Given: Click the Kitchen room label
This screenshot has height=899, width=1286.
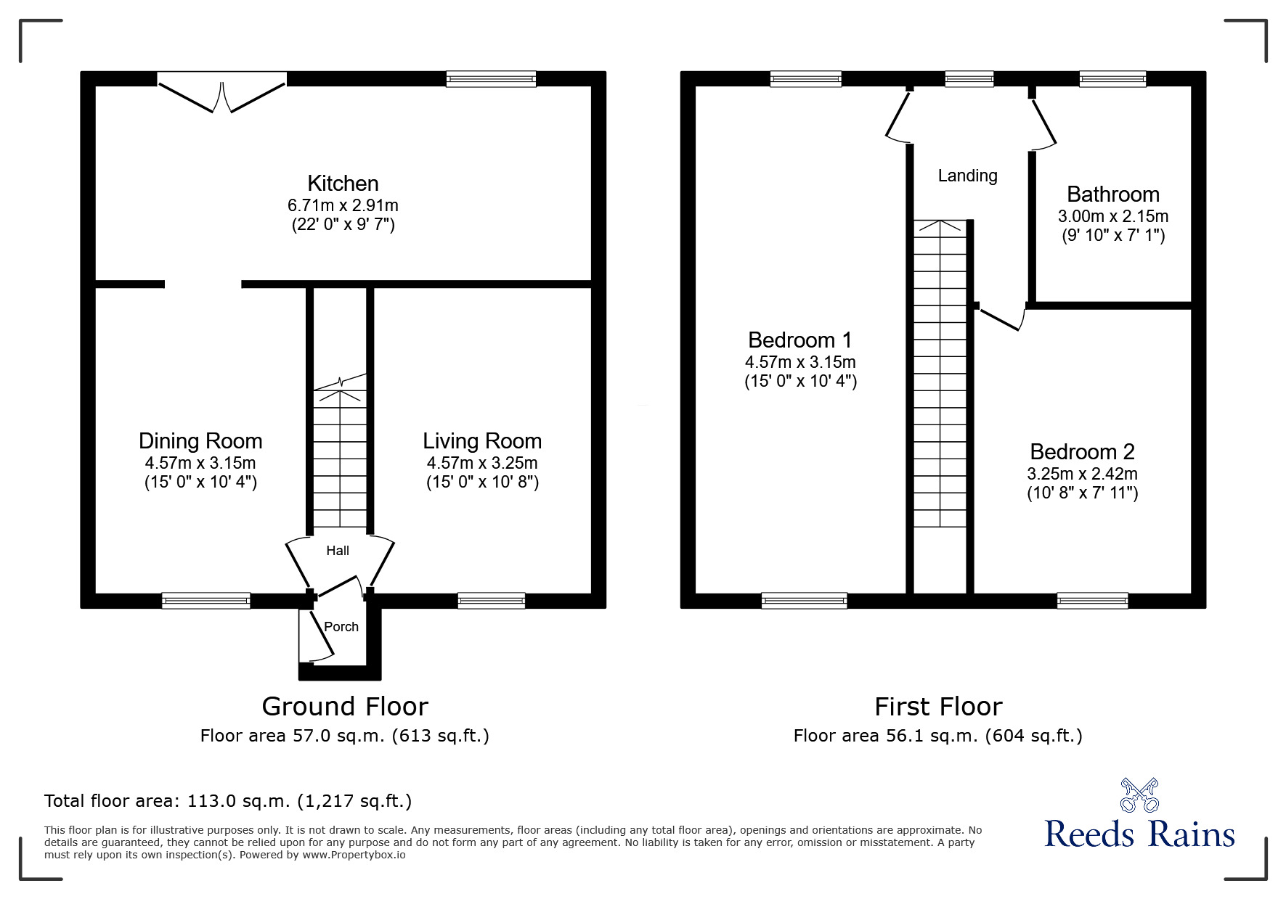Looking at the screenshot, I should click(343, 184).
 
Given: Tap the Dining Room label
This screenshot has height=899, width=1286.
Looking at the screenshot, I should click(200, 441).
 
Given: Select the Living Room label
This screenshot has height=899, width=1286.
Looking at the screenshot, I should click(482, 441).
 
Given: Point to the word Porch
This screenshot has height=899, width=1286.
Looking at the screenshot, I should click(341, 627).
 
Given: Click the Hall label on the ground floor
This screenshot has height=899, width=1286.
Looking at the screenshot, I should click(338, 551).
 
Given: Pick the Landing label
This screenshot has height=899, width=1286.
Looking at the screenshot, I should click(967, 176).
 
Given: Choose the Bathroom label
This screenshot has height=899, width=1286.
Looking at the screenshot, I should click(1112, 194).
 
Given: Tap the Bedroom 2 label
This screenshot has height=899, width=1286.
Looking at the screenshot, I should click(1082, 452).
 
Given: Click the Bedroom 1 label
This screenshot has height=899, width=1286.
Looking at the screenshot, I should click(799, 340).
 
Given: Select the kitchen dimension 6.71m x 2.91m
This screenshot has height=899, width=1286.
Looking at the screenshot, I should click(343, 205).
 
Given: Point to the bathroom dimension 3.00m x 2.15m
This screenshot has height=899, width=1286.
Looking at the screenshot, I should click(1112, 216).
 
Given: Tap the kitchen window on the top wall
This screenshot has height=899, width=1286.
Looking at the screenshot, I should click(491, 79).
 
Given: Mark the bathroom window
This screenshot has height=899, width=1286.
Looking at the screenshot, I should click(1112, 79).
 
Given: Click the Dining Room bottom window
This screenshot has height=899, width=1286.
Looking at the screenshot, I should click(206, 600).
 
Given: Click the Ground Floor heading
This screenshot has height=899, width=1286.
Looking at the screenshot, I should click(345, 706).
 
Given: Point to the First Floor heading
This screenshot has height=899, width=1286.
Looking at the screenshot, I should click(938, 706).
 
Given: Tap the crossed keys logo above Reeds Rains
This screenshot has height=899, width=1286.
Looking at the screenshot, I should click(1139, 795).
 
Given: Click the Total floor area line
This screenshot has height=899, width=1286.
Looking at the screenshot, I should click(228, 801).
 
